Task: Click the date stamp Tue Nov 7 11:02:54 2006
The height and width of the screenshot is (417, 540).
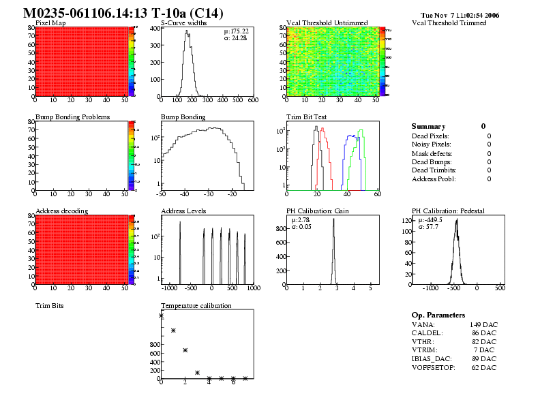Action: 460,14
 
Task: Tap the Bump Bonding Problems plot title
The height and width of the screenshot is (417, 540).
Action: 72,117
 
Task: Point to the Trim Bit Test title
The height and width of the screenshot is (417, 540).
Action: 306,117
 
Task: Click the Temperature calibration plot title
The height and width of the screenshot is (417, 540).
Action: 196,306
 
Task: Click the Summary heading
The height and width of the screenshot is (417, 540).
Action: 428,127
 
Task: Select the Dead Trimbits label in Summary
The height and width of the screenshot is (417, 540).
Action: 434,170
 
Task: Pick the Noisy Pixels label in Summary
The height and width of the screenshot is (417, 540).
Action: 431,144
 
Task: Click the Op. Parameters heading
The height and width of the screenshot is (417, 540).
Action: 438,315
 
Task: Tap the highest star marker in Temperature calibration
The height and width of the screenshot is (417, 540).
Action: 162,315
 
